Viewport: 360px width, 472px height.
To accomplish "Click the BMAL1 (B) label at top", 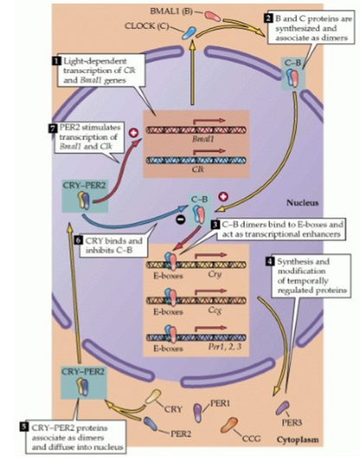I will [178, 12].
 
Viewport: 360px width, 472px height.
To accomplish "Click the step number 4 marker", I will [269, 261].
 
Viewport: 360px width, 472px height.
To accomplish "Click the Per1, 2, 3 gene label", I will [221, 346].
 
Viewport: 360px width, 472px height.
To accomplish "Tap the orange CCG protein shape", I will [232, 424].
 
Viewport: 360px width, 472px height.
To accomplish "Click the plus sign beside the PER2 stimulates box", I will [134, 134].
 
